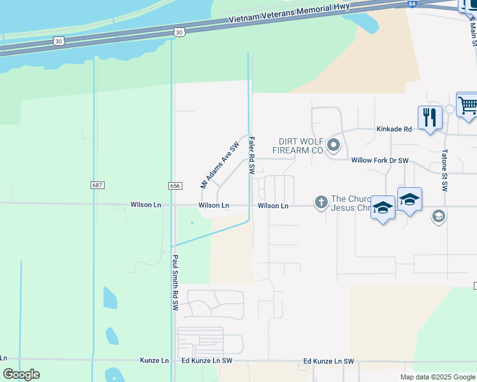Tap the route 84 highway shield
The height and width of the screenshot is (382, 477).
pyautogui.click(x=413, y=4)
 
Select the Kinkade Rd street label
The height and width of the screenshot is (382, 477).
pyautogui.click(x=394, y=129)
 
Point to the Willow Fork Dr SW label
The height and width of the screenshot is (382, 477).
pyautogui.click(x=379, y=160)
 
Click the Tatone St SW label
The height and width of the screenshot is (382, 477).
pyautogui.click(x=445, y=171)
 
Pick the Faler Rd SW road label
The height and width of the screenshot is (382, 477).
pyautogui.click(x=252, y=156)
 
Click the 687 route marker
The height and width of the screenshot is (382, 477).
pyautogui.click(x=97, y=185)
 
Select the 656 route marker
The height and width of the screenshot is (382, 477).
pyautogui.click(x=175, y=185)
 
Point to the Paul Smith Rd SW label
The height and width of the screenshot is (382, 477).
pyautogui.click(x=174, y=283)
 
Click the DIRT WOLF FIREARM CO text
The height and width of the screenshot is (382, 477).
pyautogui.click(x=298, y=146)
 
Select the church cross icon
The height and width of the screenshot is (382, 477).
pyautogui.click(x=321, y=202)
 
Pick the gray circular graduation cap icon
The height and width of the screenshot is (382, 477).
pyautogui.click(x=438, y=217)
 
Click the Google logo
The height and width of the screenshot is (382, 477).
pyautogui.click(x=21, y=374)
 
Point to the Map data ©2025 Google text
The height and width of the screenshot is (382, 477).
pyautogui.click(x=437, y=377)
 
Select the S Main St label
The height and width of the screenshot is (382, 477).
pyautogui.click(x=473, y=31)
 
